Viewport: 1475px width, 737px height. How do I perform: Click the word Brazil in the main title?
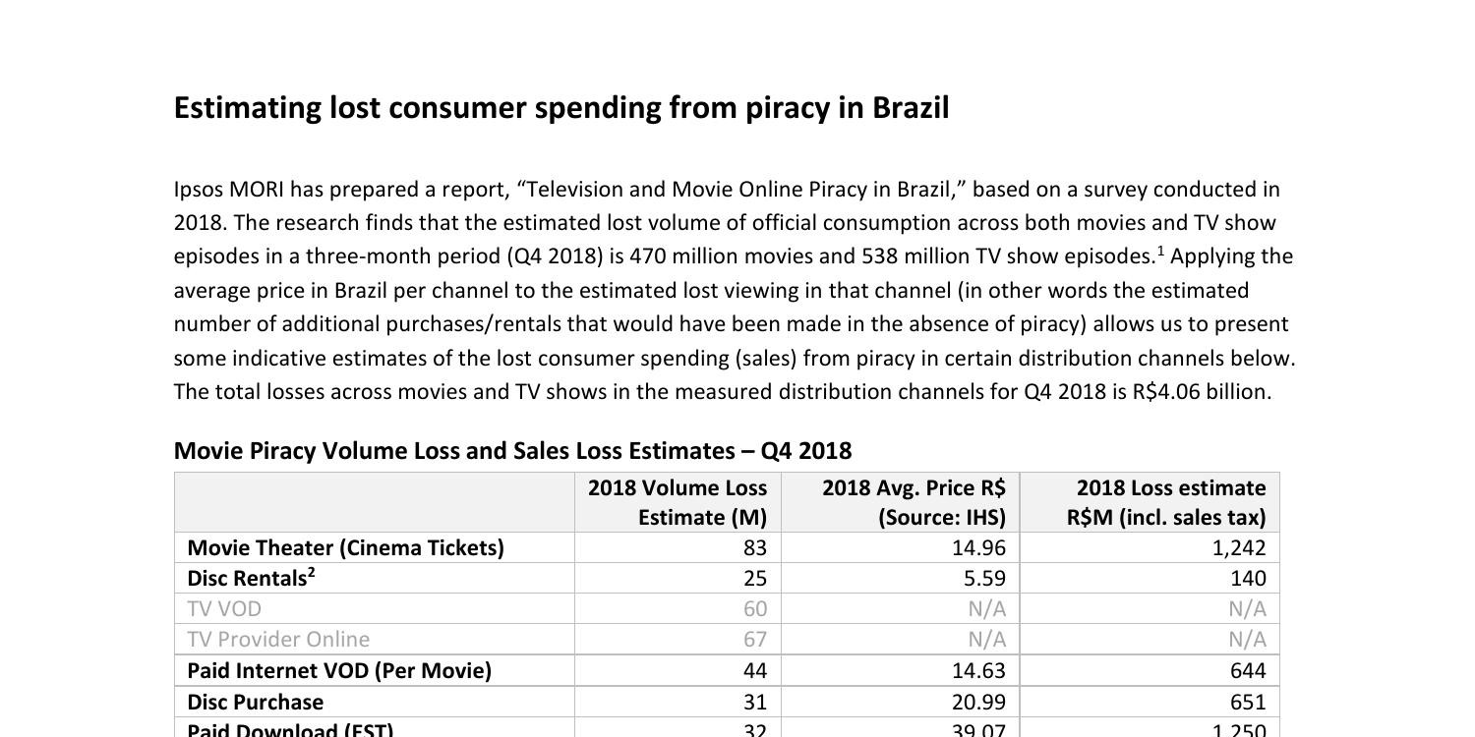(x=911, y=108)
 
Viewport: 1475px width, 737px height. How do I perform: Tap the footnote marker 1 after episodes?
(x=1161, y=252)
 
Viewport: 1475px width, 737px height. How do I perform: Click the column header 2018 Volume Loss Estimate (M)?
(x=678, y=502)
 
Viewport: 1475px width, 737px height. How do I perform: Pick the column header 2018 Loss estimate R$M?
(x=1167, y=502)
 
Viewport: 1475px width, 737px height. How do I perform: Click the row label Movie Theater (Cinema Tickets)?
(x=345, y=548)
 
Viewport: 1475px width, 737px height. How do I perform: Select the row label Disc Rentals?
(x=249, y=579)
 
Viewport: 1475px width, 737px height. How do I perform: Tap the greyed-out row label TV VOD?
(x=224, y=609)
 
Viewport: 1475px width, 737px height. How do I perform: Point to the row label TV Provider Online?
(x=278, y=640)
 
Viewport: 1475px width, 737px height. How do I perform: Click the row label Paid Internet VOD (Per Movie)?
(x=338, y=671)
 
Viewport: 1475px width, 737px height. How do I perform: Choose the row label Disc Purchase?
(x=255, y=703)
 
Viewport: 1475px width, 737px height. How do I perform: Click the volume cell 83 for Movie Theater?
(x=755, y=548)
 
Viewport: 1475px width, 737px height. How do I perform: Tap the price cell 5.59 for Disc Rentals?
(x=984, y=579)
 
